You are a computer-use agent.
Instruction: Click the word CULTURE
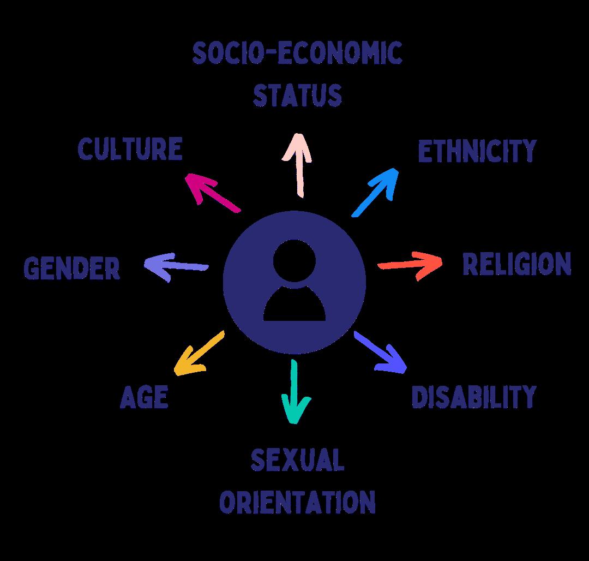130,150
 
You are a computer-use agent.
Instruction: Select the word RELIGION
516,264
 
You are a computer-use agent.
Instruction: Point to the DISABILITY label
473,397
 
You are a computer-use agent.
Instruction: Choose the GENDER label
72,268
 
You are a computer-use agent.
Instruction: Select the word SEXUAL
298,461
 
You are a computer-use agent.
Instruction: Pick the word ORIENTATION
298,502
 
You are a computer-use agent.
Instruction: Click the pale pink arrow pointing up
297,164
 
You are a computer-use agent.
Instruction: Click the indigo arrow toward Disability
381,352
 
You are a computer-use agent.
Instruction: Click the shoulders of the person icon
294,306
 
